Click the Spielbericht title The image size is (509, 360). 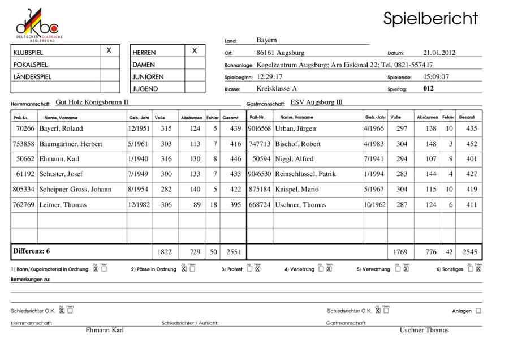tap(430, 18)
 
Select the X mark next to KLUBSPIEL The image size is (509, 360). tap(109, 51)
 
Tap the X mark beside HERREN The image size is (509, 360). tap(195, 51)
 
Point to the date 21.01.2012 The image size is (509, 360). tap(439, 53)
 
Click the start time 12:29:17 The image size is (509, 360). tap(269, 76)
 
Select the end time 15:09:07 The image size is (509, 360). tap(432, 76)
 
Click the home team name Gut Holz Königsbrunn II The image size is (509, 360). tap(92, 102)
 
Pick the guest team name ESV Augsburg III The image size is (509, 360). tap(317, 102)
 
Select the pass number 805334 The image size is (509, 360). tap(24, 190)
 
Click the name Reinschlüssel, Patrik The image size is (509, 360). tap(305, 174)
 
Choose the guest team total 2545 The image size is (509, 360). tap(469, 251)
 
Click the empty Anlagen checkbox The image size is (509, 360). tap(478, 311)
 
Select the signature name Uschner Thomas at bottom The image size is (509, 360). tap(424, 331)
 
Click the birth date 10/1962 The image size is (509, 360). tap(374, 205)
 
